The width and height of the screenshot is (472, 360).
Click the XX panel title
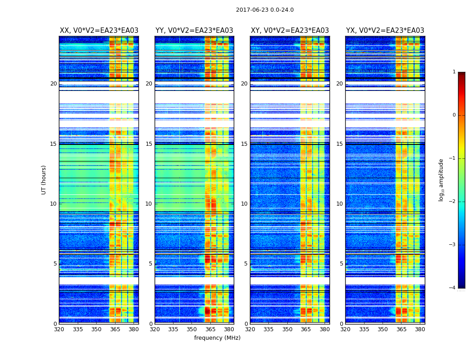coord(99,31)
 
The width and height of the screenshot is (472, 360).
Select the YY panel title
coord(194,31)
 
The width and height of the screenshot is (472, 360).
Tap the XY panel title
coord(289,31)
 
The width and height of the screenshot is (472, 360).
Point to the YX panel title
coord(385,31)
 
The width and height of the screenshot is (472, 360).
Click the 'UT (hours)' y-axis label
coord(44,180)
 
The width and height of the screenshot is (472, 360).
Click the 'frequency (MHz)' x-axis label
coord(217,338)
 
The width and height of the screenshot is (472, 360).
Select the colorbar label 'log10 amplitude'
coord(441,180)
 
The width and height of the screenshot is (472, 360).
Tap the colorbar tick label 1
coord(454,72)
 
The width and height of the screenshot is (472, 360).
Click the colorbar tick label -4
coord(453,288)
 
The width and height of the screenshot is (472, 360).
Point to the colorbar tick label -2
coord(453,202)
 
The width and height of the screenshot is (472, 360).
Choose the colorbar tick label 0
coord(454,115)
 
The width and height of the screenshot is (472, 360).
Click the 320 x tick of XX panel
coord(59,329)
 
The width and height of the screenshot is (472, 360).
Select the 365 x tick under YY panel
coord(211,329)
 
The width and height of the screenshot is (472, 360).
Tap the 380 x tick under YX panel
coord(420,329)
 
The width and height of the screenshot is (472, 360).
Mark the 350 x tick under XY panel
coord(287,329)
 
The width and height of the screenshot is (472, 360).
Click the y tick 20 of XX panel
coord(53,84)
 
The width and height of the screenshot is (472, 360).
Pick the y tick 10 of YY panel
coord(149,204)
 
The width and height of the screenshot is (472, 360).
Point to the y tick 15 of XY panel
coord(244,144)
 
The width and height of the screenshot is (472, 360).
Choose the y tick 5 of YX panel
coord(341,264)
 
